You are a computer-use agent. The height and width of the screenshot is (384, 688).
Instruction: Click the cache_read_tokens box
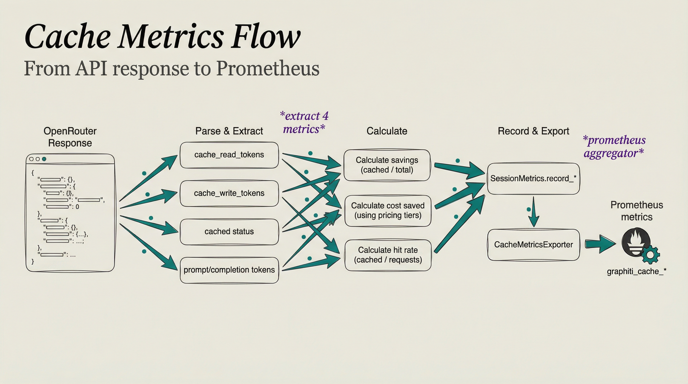coord(229,155)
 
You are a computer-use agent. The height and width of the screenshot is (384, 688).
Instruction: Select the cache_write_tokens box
coord(229,193)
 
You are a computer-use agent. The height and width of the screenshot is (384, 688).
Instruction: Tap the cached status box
coord(229,231)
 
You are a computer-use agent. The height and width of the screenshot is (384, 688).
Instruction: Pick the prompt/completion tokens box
coord(229,270)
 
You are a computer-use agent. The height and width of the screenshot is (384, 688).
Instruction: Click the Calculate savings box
coord(387,165)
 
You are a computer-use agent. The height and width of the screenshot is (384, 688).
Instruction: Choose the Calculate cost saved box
coord(388,210)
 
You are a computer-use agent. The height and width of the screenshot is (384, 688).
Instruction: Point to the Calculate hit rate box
coord(388,255)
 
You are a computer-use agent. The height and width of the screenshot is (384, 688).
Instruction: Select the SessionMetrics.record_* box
coord(533,178)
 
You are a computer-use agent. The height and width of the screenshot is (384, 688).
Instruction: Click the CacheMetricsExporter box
coord(533,244)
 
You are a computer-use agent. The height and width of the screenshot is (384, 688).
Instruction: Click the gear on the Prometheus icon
coord(650,255)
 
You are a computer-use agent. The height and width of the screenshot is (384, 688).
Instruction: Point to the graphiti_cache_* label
coord(636,271)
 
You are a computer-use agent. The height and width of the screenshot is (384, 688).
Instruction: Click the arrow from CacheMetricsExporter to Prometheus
coord(600,244)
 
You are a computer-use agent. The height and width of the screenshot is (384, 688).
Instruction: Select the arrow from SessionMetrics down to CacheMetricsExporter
coord(533,212)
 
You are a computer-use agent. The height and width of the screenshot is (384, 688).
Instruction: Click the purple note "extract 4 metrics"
coord(304,122)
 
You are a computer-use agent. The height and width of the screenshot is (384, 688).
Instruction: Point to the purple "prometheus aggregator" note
coord(614,146)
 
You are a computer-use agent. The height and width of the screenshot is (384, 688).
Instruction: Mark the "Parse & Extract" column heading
coord(229,131)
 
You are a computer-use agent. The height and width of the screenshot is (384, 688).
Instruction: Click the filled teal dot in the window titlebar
coord(44,159)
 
